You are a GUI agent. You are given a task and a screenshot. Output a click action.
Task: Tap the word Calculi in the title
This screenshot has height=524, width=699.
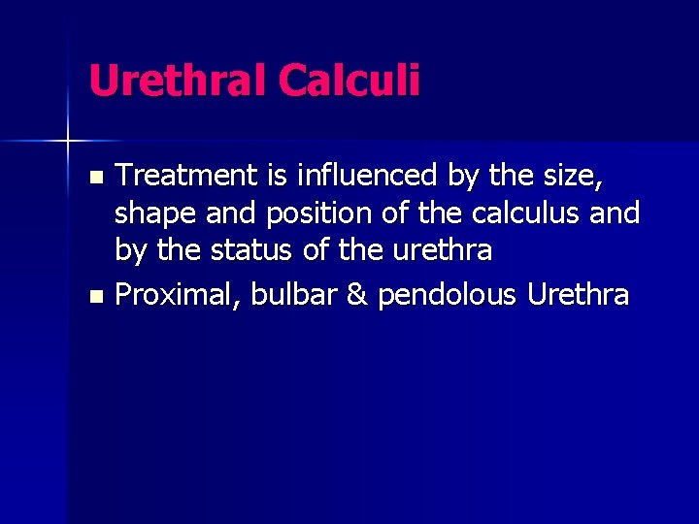tap(349, 81)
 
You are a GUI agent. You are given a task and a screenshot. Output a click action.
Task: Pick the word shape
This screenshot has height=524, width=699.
tap(150, 213)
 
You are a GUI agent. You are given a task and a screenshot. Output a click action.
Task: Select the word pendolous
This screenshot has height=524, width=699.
tap(448, 294)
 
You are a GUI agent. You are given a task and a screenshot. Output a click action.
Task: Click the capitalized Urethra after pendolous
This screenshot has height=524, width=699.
tap(579, 294)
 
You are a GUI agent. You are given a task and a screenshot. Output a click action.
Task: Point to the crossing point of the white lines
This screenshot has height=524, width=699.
tap(68, 141)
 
